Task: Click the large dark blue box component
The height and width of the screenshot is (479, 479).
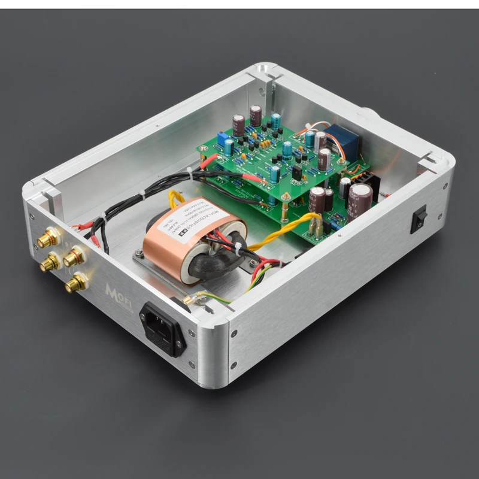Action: [333, 135]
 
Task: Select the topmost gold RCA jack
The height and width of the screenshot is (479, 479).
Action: [45, 240]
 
